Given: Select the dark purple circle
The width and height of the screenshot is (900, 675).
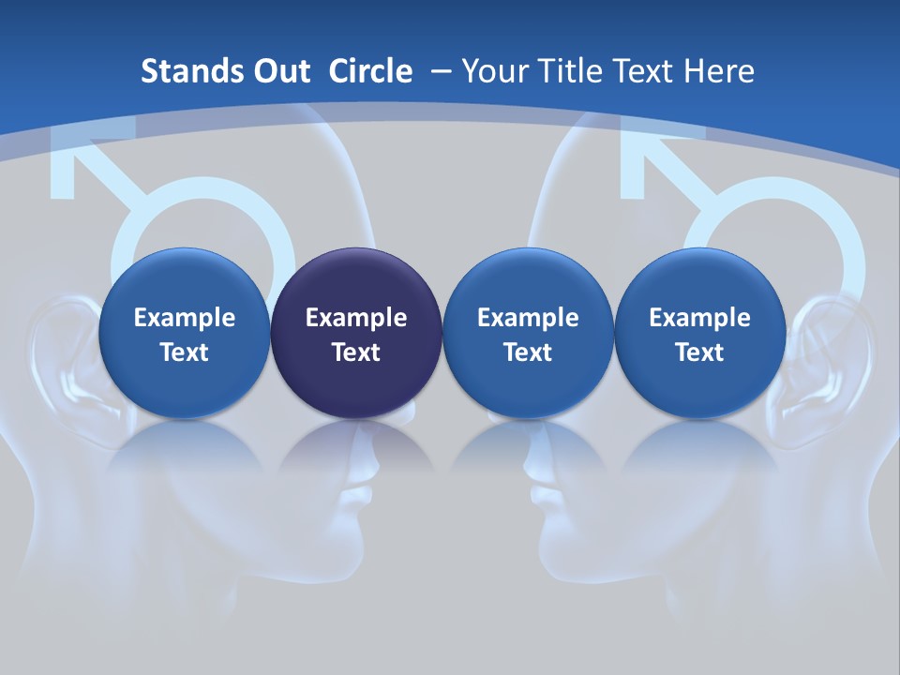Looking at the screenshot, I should (356, 333).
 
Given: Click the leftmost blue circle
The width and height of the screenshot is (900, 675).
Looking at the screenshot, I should (185, 333).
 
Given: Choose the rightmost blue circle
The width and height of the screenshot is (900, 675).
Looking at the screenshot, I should (699, 333).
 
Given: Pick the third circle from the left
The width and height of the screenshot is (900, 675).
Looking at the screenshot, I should (528, 333).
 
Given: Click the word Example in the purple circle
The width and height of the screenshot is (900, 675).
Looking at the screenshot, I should (356, 318).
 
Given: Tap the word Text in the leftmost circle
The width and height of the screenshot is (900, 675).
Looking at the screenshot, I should (185, 352).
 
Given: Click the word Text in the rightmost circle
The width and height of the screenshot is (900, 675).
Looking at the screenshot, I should (699, 352).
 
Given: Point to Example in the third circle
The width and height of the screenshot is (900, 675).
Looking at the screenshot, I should (528, 318).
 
